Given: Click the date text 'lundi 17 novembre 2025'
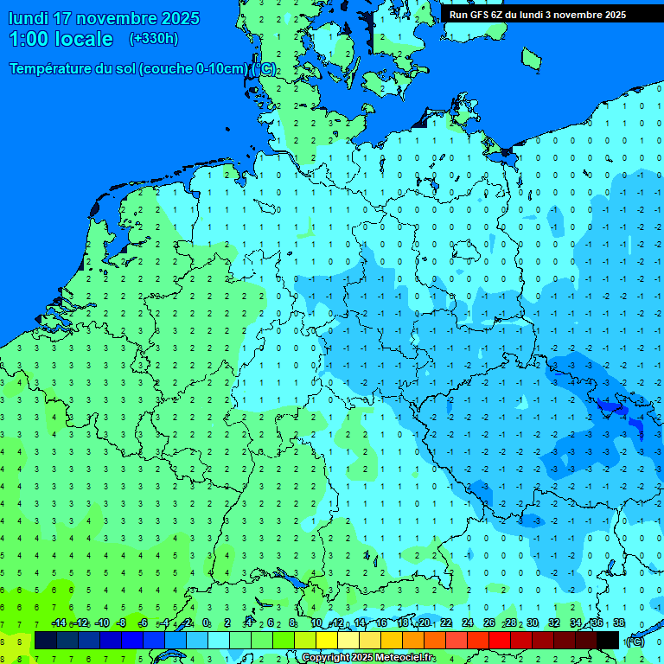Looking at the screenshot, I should [x=104, y=18].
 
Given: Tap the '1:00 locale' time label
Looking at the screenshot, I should [x=61, y=39].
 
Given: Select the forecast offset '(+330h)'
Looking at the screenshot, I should [x=154, y=39].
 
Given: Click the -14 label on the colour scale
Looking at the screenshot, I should [x=59, y=623].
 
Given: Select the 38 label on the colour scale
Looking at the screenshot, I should [x=619, y=623].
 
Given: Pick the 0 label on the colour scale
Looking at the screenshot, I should [x=206, y=623].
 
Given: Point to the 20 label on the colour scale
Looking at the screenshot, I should [x=425, y=623].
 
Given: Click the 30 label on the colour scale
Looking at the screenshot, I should [x=533, y=623].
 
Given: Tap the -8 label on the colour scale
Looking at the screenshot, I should [x=122, y=623].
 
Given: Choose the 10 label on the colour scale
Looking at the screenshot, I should [x=316, y=623].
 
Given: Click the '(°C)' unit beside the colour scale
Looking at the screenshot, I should [x=635, y=641].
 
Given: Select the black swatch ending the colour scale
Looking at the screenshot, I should [x=608, y=640].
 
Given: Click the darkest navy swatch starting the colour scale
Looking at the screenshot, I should [x=45, y=640].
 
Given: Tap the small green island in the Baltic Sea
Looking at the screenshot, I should [x=531, y=58].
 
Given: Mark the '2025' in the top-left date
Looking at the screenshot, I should [x=180, y=18].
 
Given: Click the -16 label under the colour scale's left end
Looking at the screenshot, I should [x=39, y=623].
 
